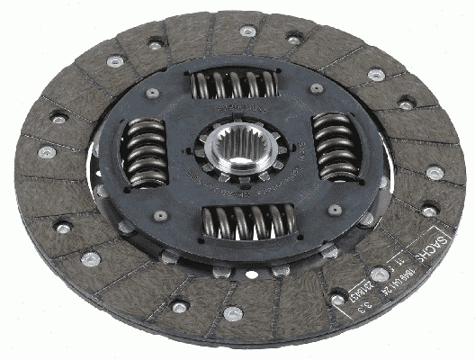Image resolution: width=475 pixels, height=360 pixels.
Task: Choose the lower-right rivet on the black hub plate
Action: (335, 210)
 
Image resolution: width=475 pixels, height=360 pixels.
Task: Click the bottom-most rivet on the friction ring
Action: (233, 314)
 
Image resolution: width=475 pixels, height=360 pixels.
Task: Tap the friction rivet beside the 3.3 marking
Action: (337, 300)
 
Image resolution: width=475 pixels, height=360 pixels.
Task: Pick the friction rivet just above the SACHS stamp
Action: (429, 212)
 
